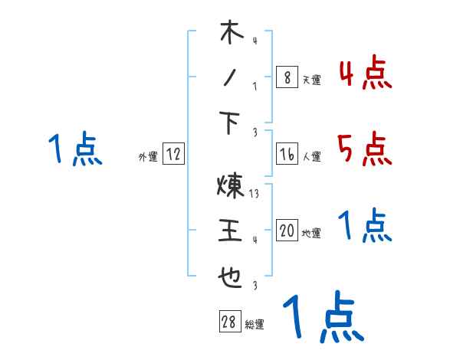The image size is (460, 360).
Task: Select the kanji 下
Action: tap(231, 122)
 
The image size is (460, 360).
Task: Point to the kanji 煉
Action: tap(230, 186)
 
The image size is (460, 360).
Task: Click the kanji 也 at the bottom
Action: tap(231, 276)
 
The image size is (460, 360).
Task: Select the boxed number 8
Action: tap(287, 77)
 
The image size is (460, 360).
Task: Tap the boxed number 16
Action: tap(287, 154)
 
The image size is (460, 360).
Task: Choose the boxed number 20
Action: tap(287, 231)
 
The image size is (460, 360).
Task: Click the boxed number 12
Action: tap(173, 154)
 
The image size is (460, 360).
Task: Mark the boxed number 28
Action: tap(228, 322)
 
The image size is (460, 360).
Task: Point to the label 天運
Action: tap(311, 80)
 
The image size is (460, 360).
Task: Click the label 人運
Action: tap(311, 156)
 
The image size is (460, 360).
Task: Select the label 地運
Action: tap(311, 233)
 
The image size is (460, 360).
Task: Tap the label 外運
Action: tap(147, 156)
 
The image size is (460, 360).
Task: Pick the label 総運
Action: tap(254, 325)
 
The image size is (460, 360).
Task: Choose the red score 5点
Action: tap(365, 149)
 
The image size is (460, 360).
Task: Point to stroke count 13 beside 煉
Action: tap(255, 194)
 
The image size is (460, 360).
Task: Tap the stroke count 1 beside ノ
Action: tap(255, 86)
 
